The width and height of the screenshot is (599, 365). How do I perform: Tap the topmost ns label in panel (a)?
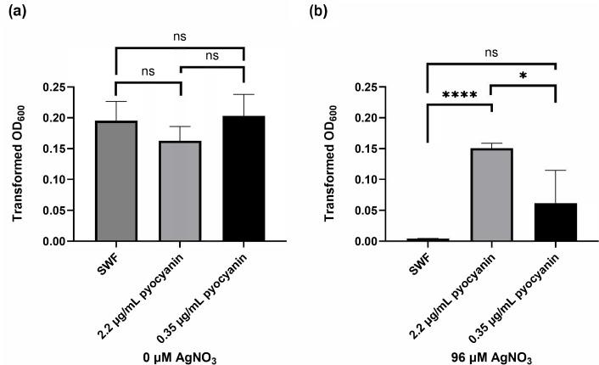pyautogui.click(x=180, y=36)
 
